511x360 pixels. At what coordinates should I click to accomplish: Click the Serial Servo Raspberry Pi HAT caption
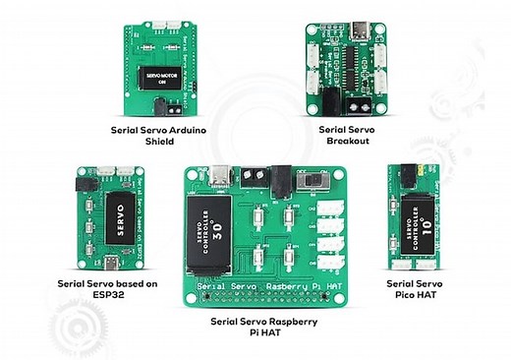pos(263,328)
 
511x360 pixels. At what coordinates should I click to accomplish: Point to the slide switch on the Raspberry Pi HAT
pos(315,183)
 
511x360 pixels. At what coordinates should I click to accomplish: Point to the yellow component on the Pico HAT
pos(420,170)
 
